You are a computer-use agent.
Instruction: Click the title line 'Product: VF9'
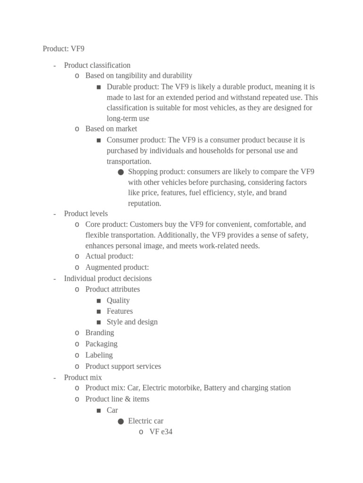63,49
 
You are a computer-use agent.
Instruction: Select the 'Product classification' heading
97,65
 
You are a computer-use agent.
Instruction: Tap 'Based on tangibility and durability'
138,75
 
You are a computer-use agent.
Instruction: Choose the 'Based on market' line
111,128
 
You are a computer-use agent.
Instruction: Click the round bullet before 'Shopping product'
121,172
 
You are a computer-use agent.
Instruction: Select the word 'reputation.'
145,203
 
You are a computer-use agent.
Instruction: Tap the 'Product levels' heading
86,214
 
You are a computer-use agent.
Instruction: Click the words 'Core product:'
106,225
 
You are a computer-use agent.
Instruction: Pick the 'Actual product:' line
109,256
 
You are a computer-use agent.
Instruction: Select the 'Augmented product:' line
117,267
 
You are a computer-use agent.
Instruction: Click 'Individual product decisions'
108,278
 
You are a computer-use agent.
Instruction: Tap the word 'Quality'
118,300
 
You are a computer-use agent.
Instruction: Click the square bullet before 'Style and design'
98,322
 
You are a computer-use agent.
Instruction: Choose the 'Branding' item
99,333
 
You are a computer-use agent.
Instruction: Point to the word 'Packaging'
101,344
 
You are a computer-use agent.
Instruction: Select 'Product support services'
123,366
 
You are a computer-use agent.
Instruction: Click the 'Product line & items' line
117,399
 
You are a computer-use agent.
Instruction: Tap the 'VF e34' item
161,432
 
